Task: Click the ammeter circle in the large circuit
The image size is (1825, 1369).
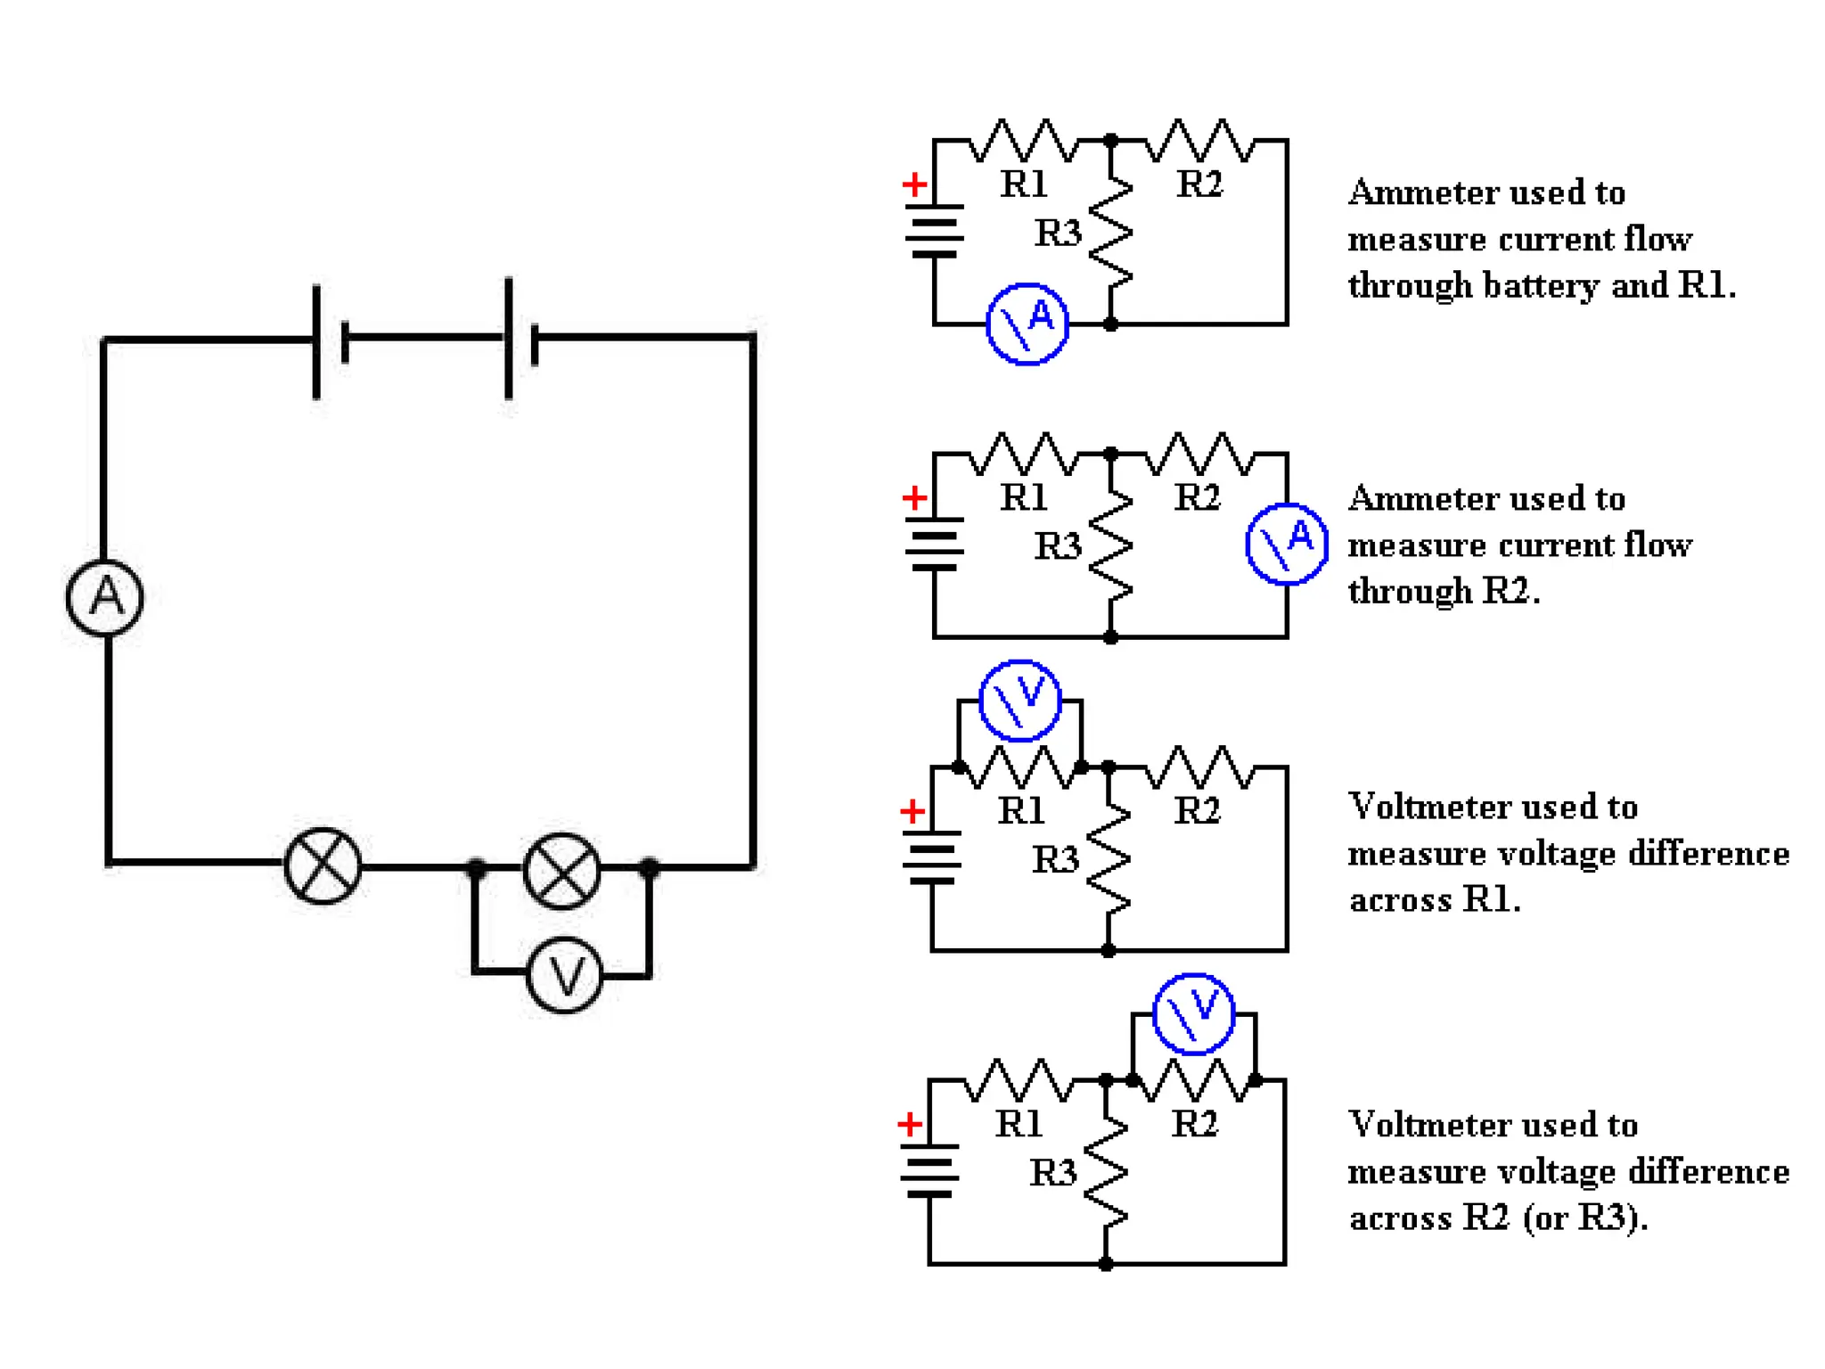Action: [105, 598]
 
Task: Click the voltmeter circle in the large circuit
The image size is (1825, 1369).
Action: [564, 976]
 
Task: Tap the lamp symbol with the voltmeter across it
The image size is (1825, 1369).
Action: [561, 871]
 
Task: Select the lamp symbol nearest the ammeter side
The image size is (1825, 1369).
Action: [323, 865]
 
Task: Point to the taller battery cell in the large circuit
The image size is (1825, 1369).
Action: [509, 338]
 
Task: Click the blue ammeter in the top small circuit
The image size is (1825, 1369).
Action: [1027, 324]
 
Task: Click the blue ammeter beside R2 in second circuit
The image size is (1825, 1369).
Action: [1286, 544]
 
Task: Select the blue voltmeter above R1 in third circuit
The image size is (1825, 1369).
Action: [1019, 701]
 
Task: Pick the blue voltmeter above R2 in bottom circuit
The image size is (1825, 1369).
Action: [1193, 1013]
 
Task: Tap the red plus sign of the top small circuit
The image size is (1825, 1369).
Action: [914, 184]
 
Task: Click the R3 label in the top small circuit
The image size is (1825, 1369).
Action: [1058, 234]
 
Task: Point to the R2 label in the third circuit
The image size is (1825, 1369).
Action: [1197, 810]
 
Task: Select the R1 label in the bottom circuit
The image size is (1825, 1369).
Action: [1019, 1124]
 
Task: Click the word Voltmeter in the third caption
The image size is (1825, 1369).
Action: [1420, 807]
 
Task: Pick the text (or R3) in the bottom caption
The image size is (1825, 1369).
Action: [1584, 1217]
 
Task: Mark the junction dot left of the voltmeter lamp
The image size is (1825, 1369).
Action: [476, 867]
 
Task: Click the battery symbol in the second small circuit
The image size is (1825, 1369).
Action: [934, 543]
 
